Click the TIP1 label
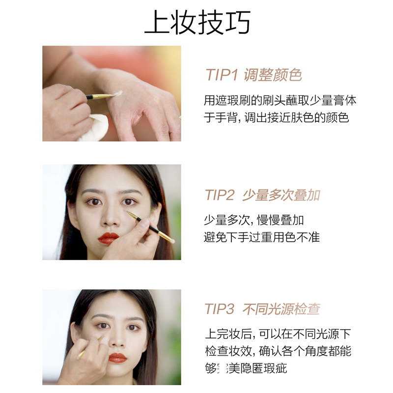(222, 75)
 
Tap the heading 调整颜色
(272, 75)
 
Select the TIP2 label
(220, 195)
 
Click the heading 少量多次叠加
(281, 195)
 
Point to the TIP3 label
(220, 309)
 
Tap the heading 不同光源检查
(281, 309)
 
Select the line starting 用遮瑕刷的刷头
(280, 101)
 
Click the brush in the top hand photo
(101, 96)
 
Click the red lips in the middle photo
(108, 238)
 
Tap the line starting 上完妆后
(278, 335)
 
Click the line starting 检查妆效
(278, 351)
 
